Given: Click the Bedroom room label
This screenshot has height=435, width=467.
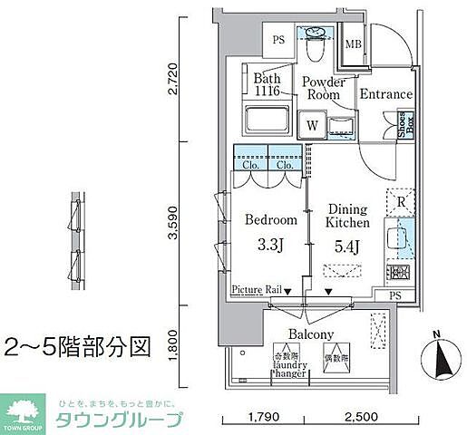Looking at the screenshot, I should pyautogui.click(x=270, y=220).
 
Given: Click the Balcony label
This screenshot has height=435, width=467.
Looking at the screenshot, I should pyautogui.click(x=311, y=333).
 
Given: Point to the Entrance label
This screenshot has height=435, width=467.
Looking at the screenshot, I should pyautogui.click(x=385, y=94).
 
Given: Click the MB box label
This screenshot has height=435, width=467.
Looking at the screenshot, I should pyautogui.click(x=353, y=43).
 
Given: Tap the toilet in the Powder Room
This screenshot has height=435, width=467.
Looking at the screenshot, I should pyautogui.click(x=316, y=37).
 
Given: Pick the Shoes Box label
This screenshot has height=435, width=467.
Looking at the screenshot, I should pyautogui.click(x=404, y=128).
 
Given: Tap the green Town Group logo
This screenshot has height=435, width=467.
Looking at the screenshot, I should pyautogui.click(x=24, y=413).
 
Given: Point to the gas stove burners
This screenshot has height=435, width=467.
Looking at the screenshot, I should pyautogui.click(x=398, y=269).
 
